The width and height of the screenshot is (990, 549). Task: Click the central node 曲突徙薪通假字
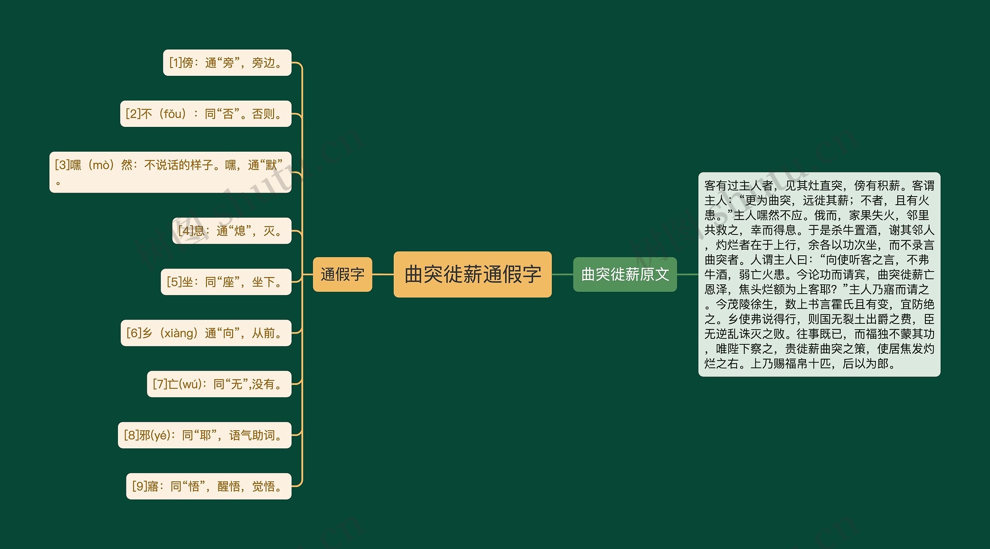click(472, 274)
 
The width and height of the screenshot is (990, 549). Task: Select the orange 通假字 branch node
click(342, 274)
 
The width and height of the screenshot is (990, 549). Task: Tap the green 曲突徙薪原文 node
click(625, 274)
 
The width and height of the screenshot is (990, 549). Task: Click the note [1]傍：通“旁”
click(227, 63)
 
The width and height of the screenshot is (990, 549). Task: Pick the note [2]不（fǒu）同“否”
click(205, 114)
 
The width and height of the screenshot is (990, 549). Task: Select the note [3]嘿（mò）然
click(170, 172)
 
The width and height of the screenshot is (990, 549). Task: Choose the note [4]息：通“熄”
click(231, 231)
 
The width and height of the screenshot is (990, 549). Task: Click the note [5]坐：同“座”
click(226, 282)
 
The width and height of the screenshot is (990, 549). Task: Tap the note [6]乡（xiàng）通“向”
click(206, 333)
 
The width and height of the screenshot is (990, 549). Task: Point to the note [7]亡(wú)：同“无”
click(219, 384)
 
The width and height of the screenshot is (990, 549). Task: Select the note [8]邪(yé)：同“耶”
click(204, 435)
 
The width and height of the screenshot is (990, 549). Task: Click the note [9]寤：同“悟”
click(208, 486)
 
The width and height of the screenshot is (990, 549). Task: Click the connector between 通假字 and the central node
click(383, 274)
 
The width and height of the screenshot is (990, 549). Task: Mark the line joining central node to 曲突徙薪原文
click(562, 274)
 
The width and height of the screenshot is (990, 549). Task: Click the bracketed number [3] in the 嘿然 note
click(62, 165)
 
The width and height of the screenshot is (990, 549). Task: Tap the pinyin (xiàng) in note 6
click(179, 333)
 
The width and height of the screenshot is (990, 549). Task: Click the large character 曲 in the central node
click(414, 274)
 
